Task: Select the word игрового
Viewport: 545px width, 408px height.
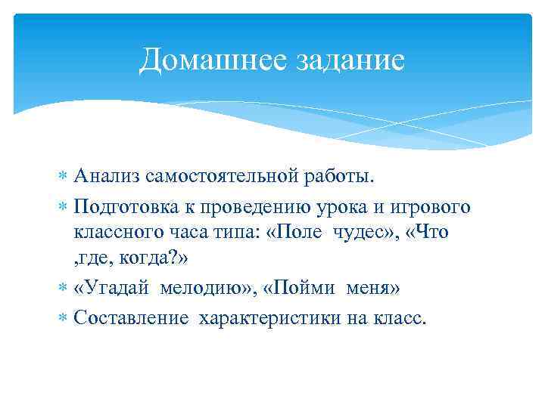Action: [434, 206]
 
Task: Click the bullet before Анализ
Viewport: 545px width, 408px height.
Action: [64, 178]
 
